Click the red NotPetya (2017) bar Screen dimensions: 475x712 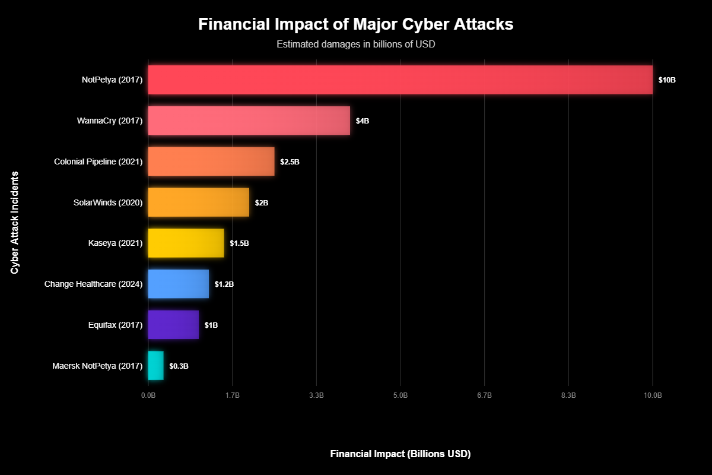[400, 80]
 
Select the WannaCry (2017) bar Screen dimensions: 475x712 [249, 121]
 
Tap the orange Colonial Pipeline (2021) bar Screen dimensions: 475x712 [211, 161]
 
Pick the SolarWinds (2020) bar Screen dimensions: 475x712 [198, 202]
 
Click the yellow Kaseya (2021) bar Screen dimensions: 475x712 [186, 243]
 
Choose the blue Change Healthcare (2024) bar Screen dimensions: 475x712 [178, 284]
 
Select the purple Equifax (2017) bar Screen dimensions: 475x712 [173, 325]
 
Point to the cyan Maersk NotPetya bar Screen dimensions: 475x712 [155, 366]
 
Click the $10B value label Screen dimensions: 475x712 [667, 80]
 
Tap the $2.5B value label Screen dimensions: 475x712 [290, 162]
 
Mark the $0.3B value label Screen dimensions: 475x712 [179, 366]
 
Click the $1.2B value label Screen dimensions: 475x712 [224, 284]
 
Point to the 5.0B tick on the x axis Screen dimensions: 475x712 [401, 395]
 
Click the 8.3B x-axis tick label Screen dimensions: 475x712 [568, 395]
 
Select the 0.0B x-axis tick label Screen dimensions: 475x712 [148, 395]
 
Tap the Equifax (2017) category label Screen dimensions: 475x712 [115, 325]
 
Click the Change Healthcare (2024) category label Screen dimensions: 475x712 [93, 284]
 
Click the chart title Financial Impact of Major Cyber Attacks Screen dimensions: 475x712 [356, 24]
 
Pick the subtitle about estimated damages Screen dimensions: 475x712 [356, 45]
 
